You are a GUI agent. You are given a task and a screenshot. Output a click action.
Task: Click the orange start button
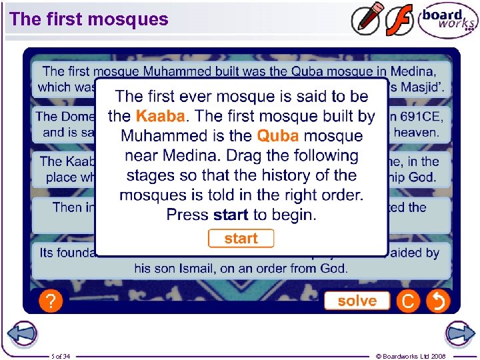point(241,239)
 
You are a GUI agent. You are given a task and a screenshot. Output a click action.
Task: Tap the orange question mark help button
point(50,301)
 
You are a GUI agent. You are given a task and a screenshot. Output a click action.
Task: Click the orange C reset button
point(407,301)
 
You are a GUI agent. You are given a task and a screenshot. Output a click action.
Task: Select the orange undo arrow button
point(438,301)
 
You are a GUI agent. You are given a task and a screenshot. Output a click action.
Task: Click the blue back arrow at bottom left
point(22,333)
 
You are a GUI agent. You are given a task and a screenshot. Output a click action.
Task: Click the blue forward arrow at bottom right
point(459,333)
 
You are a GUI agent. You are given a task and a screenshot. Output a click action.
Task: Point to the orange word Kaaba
point(159,116)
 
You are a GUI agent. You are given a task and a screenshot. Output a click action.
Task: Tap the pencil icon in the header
point(367,19)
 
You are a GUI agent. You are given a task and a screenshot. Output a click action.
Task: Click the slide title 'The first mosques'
point(89,19)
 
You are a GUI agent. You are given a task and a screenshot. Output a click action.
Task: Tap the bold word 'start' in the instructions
point(231,215)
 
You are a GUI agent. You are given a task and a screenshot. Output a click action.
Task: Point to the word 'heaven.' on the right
point(417,132)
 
